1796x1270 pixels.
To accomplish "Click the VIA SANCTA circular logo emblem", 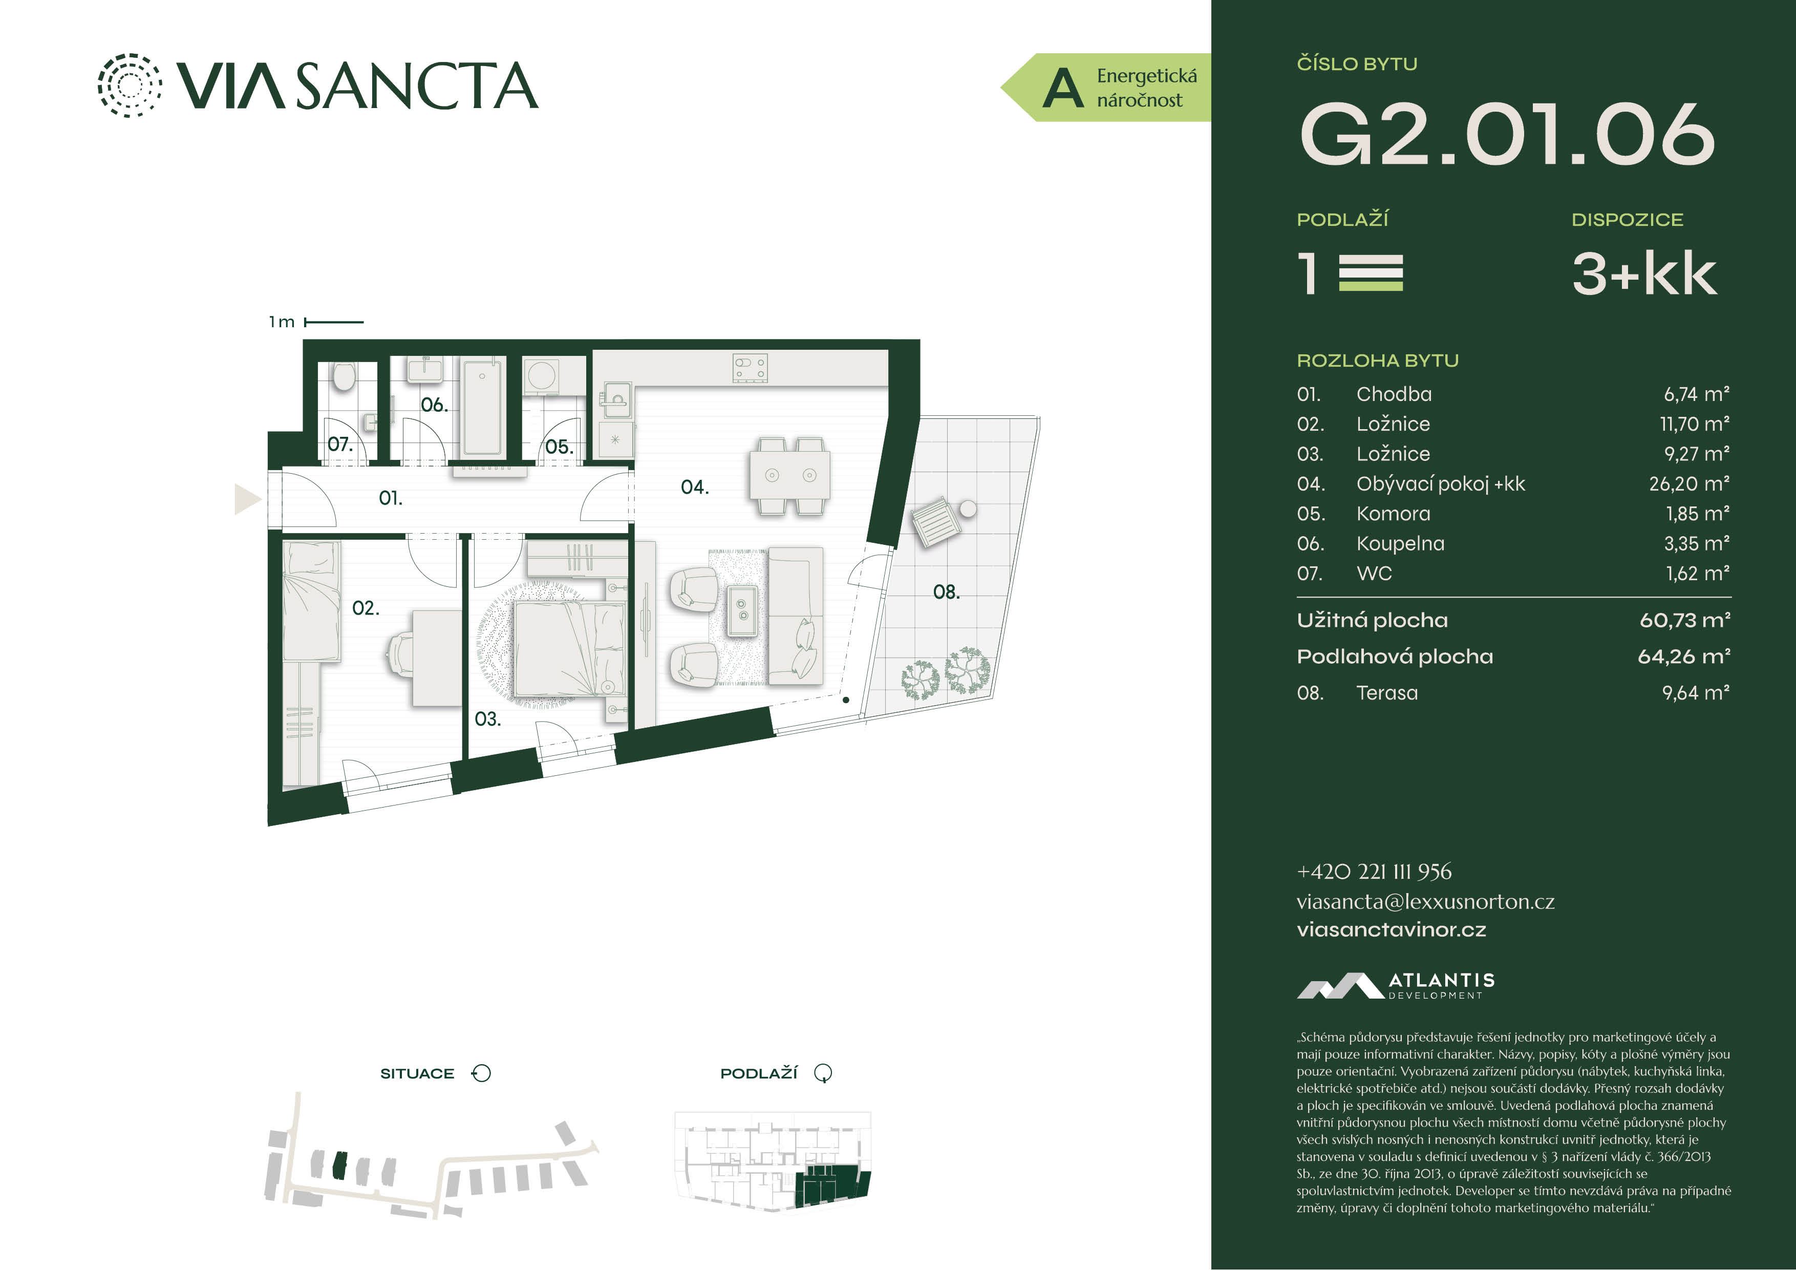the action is tap(130, 86).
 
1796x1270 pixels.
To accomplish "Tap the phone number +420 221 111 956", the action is tap(1374, 871).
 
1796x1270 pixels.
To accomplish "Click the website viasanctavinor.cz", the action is tap(1391, 929).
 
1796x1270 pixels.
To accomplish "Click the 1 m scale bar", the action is tap(334, 322).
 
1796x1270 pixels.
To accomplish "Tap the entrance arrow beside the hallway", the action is tap(248, 498).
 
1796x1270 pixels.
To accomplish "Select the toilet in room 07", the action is tap(343, 377).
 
